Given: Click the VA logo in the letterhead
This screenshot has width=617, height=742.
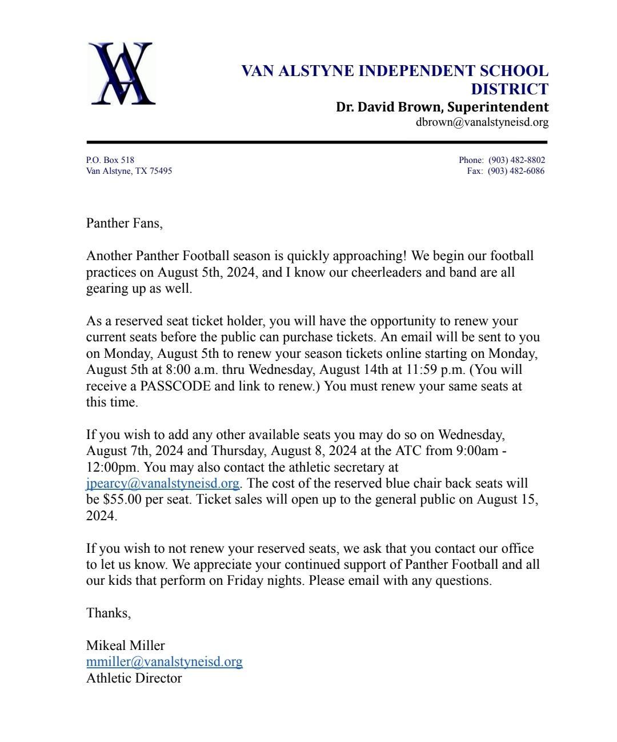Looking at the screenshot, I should (122, 73).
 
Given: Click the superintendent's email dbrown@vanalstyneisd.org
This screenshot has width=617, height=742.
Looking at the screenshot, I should (482, 122).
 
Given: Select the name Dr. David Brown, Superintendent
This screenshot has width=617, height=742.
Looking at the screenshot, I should (442, 107).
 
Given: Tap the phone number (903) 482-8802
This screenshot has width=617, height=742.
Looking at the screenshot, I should (516, 160).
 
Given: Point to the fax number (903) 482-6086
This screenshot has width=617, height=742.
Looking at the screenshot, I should (516, 171).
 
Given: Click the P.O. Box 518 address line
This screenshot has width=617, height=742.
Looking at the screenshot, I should (110, 160).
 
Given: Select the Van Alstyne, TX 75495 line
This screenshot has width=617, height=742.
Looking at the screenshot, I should (129, 171).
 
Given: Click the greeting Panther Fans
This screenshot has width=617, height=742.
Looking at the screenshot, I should (124, 223).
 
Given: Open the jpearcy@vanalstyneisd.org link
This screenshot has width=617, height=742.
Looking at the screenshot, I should (163, 484).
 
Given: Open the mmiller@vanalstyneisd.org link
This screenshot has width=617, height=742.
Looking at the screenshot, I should (165, 662).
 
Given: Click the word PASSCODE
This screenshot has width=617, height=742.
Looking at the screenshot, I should (175, 386).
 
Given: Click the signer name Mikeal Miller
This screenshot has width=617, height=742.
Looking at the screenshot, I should (125, 645).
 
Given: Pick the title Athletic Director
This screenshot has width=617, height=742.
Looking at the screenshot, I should (134, 679).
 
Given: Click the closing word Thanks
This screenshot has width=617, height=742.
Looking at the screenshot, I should (108, 613).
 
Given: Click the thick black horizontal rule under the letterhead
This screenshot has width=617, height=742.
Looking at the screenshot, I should (317, 142).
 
